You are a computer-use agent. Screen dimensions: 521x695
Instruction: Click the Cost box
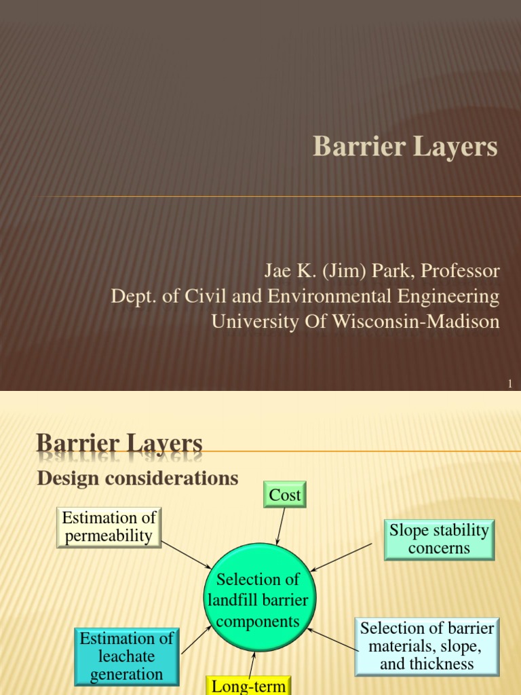[x=285, y=494]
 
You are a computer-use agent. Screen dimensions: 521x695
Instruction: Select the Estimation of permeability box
[x=109, y=527]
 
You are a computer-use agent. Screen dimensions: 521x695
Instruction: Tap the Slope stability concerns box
[x=439, y=540]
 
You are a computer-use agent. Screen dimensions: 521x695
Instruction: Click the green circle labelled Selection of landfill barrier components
[x=260, y=597]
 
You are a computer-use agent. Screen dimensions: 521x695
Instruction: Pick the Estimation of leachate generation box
[x=127, y=656]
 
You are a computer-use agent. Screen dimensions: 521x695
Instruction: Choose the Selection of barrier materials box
[x=427, y=646]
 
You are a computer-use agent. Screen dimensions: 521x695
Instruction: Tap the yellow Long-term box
[x=248, y=685]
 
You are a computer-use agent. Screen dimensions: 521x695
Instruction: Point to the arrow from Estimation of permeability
[x=186, y=555]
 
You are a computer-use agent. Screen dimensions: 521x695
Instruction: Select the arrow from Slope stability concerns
[x=341, y=557]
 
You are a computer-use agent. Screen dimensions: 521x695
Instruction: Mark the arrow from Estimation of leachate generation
[x=196, y=639]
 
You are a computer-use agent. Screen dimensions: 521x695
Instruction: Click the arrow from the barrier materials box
[x=332, y=639]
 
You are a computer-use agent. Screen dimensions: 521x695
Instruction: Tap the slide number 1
[x=510, y=384]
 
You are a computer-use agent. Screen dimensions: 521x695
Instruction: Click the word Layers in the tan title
[x=457, y=147]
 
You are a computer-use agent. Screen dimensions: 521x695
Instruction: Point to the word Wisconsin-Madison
[x=416, y=321]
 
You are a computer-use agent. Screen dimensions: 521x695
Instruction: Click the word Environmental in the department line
[x=329, y=296]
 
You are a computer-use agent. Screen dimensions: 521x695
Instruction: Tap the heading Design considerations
[x=138, y=478]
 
